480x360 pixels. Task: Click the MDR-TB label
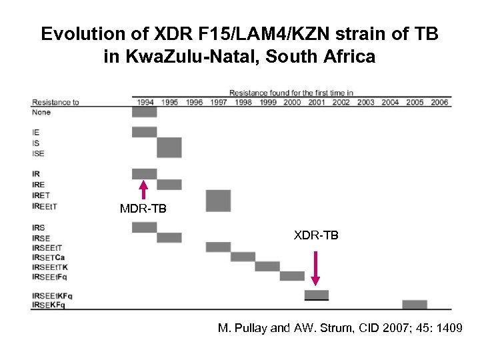click(143, 209)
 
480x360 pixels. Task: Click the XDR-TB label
click(316, 235)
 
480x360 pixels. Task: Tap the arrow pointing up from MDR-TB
click(143, 189)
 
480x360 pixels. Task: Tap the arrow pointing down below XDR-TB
click(316, 268)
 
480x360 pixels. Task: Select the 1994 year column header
click(144, 102)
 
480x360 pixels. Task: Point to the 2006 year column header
click(439, 102)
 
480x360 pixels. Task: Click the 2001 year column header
click(316, 102)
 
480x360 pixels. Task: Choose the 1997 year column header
click(218, 102)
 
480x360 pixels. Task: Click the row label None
click(41, 113)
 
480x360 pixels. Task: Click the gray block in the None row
click(144, 112)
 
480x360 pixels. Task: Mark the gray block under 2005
click(415, 304)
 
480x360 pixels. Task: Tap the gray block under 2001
click(317, 295)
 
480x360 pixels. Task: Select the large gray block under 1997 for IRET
click(218, 201)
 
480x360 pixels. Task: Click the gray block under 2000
click(292, 275)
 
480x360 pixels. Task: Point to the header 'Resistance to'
click(55, 102)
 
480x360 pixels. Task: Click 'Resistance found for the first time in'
click(291, 92)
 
